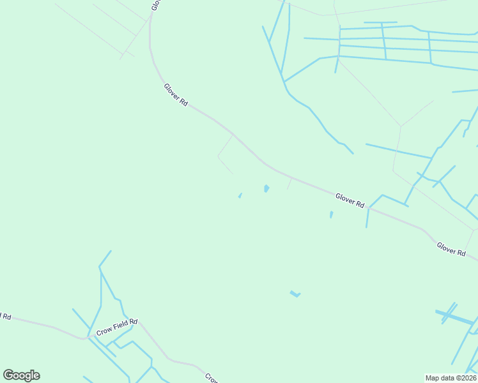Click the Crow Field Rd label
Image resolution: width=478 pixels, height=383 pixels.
click(x=117, y=327)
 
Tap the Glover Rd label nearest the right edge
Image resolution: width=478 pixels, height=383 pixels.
click(x=451, y=249)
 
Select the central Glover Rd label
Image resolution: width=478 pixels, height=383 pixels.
click(x=350, y=200)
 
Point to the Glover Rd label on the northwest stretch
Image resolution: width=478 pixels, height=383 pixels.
click(x=176, y=95)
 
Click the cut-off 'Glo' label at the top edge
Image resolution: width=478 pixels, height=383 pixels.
click(x=155, y=4)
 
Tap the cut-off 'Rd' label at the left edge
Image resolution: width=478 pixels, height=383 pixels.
click(x=5, y=317)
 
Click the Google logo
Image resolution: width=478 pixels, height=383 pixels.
click(x=21, y=375)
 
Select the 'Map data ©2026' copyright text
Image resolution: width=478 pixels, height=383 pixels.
click(x=451, y=378)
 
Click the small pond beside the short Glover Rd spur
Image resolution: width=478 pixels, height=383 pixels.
click(x=266, y=188)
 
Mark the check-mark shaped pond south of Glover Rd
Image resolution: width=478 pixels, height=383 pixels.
click(x=295, y=294)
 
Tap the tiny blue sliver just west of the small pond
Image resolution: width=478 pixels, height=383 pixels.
click(x=240, y=195)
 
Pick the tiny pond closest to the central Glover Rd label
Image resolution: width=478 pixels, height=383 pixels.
click(x=331, y=214)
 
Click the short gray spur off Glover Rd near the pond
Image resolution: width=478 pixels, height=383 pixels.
click(x=289, y=184)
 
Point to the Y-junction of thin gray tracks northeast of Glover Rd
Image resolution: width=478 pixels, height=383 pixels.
click(x=400, y=126)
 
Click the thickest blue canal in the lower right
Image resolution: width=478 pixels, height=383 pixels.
click(x=455, y=317)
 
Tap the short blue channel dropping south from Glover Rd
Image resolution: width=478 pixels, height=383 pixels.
click(x=367, y=218)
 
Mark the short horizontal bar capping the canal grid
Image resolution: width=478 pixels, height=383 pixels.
click(x=380, y=23)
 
